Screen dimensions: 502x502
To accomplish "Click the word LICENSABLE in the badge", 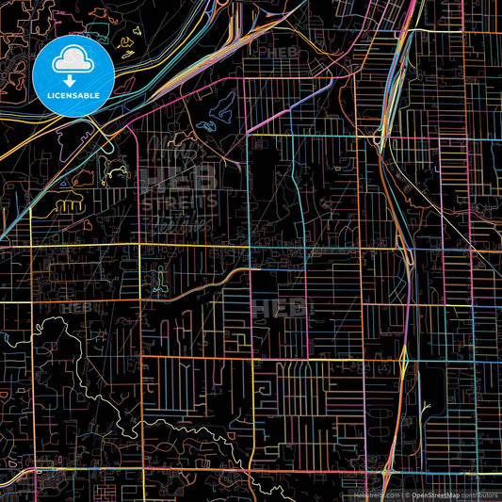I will point(73,95).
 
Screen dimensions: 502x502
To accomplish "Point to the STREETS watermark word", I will point(178,200).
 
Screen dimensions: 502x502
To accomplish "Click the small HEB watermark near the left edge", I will point(78,307).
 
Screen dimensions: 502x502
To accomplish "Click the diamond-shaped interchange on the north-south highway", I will point(403,359).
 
